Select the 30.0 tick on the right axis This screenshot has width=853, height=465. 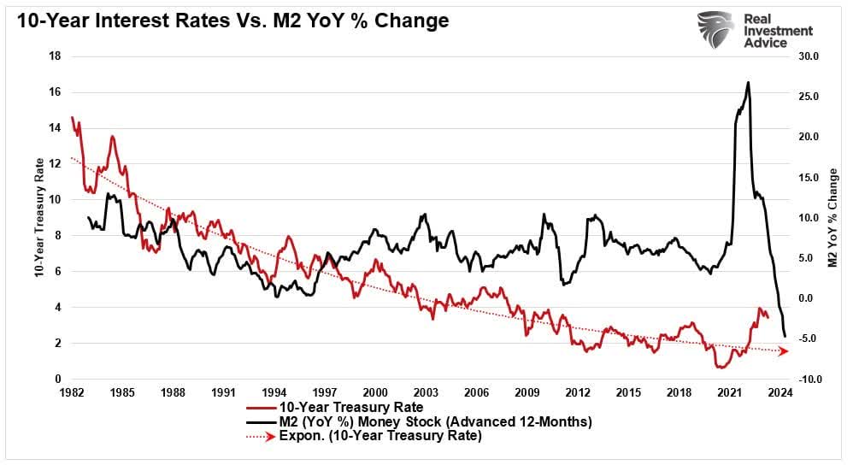click(x=808, y=56)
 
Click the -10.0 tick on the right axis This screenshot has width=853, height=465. click(x=808, y=380)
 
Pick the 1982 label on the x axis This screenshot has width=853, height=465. click(x=71, y=393)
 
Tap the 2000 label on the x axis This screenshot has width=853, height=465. click(x=375, y=393)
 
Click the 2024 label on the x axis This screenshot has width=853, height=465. click(x=779, y=393)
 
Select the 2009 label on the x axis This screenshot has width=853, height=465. click(x=527, y=393)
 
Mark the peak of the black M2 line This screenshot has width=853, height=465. click(x=749, y=82)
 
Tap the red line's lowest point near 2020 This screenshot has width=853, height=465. click(x=721, y=368)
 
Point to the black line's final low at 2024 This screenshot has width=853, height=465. click(x=785, y=337)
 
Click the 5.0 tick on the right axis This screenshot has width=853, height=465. click(x=808, y=258)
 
